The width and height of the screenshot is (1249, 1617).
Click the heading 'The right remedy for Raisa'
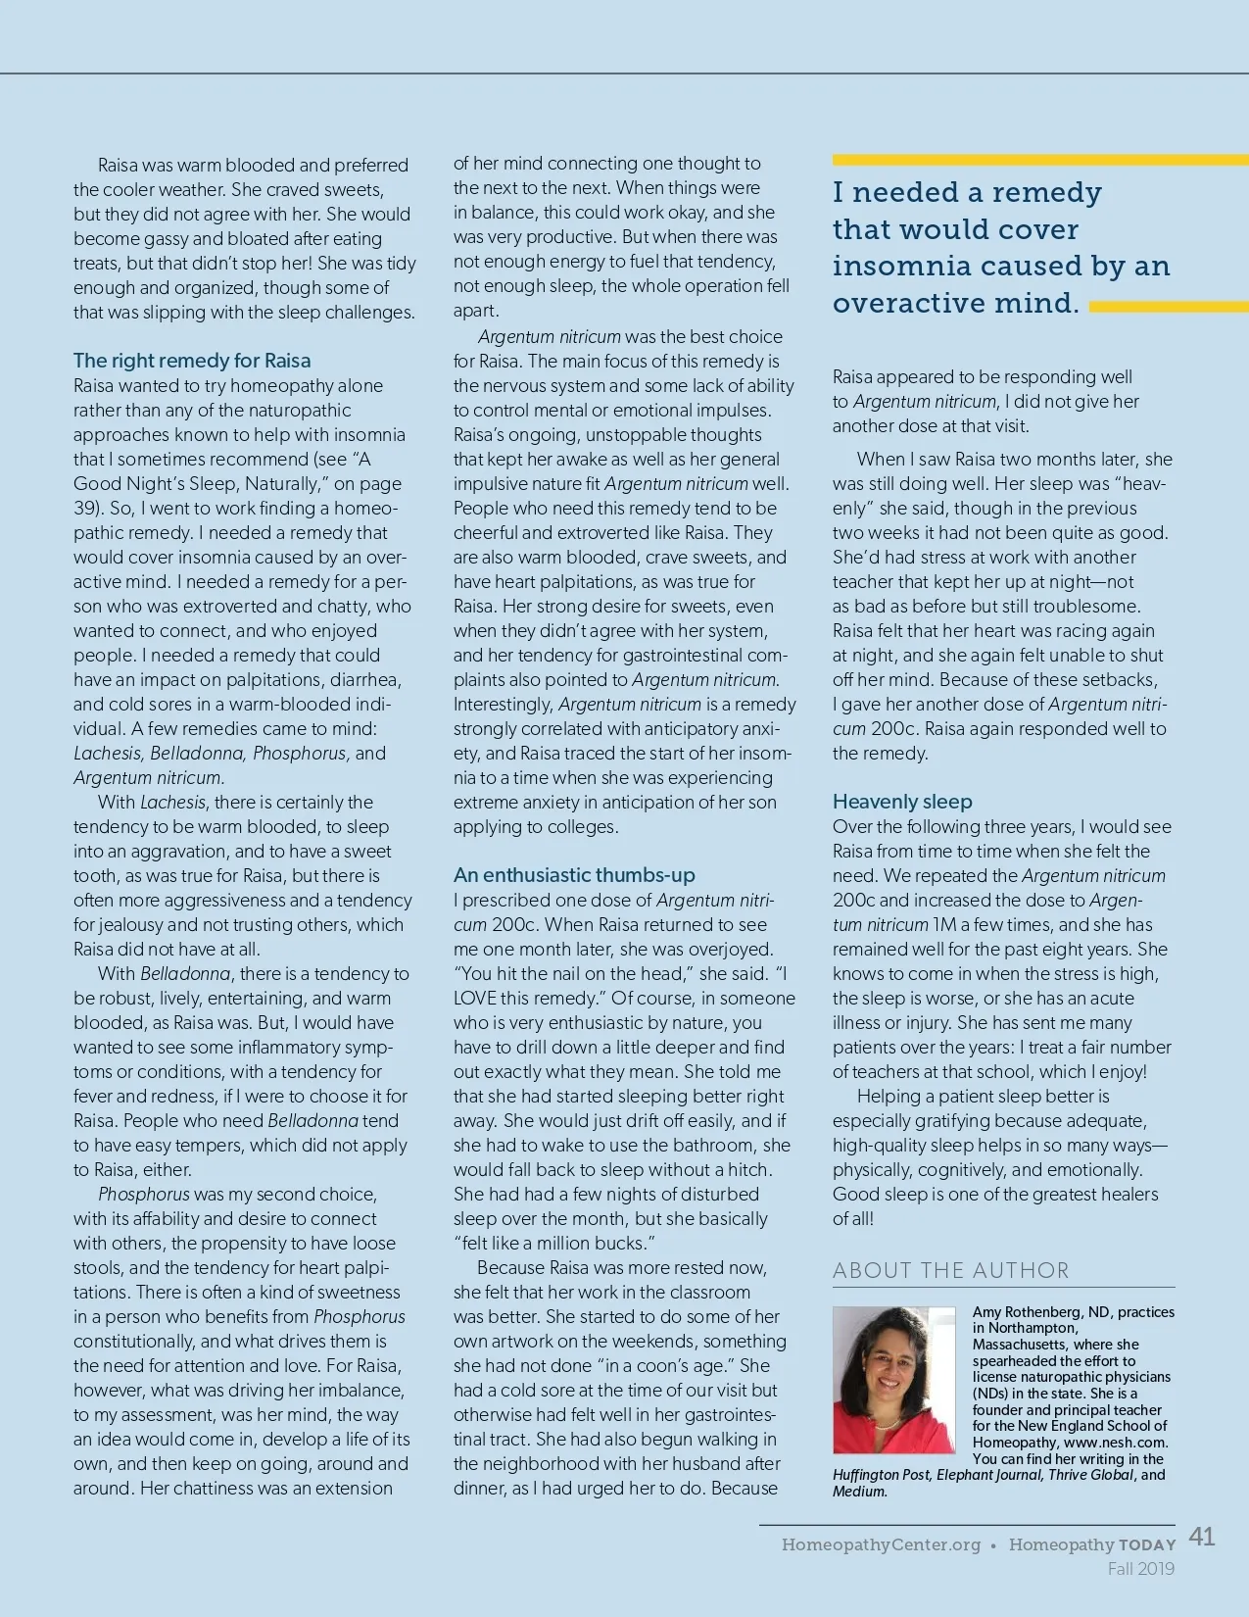click(x=192, y=361)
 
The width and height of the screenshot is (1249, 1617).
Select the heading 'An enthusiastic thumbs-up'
click(x=574, y=875)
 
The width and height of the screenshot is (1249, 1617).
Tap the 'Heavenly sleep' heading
click(x=902, y=802)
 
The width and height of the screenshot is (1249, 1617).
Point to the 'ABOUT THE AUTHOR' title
click(x=950, y=1270)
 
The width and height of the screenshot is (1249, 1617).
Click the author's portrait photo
click(x=893, y=1380)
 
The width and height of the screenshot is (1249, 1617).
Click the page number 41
click(x=1202, y=1537)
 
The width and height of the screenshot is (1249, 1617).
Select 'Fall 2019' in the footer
click(x=1140, y=1569)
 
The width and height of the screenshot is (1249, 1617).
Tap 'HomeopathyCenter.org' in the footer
click(x=881, y=1544)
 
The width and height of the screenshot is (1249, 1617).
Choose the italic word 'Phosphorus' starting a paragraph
click(x=144, y=1195)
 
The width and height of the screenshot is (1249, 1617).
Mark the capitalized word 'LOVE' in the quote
click(x=478, y=998)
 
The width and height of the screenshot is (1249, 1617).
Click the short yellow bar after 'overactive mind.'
click(x=1168, y=307)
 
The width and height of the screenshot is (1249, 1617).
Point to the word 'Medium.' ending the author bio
click(x=860, y=1492)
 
